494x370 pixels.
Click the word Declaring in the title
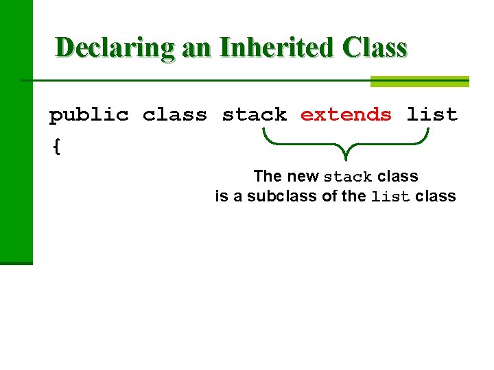click(x=115, y=48)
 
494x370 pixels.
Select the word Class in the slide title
click(x=373, y=48)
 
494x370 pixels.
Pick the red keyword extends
click(x=346, y=114)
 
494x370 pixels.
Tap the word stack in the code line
click(x=255, y=114)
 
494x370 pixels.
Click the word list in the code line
click(x=432, y=114)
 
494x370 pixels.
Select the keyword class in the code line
click(x=175, y=114)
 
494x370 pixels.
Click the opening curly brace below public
click(x=56, y=147)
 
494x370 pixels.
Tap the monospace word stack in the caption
click(x=348, y=177)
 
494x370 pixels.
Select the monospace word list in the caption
click(x=390, y=197)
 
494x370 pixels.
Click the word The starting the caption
click(x=267, y=176)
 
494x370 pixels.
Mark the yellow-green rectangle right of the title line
click(x=419, y=81)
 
